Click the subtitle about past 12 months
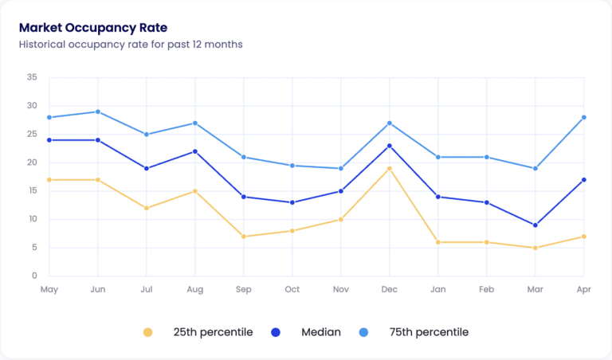tap(131, 45)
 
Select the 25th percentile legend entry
tap(198, 332)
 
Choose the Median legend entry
tap(312, 332)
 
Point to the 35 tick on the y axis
tap(32, 77)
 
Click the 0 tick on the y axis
tap(34, 276)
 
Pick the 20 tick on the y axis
tap(32, 162)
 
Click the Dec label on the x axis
tap(390, 289)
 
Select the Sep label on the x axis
tap(244, 289)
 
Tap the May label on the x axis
tap(49, 289)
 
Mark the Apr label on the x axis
tap(583, 289)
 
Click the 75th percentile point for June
tap(98, 112)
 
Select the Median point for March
tap(535, 225)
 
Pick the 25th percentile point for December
tap(390, 168)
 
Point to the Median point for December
tap(390, 146)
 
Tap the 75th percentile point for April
tap(584, 117)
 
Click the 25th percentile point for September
tap(244, 237)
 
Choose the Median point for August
tap(195, 151)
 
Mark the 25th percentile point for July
tap(147, 208)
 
